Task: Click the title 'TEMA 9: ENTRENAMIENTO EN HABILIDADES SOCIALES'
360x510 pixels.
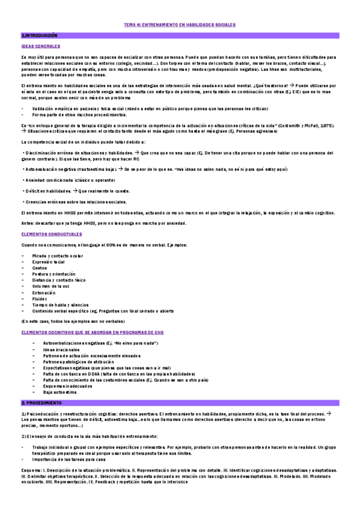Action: [x=180, y=25]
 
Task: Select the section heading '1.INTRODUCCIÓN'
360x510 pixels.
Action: [x=38, y=36]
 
